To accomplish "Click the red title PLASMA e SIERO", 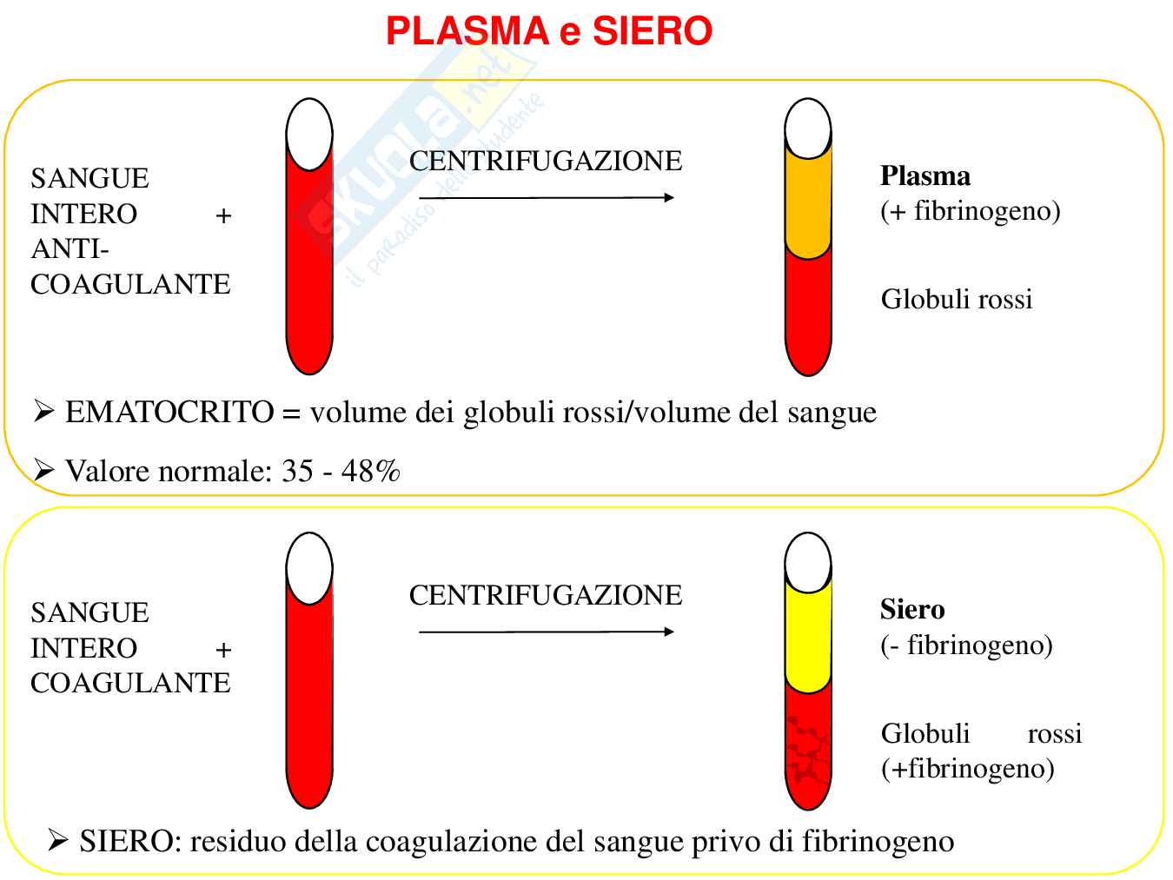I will point(548,31).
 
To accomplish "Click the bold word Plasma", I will point(924,175).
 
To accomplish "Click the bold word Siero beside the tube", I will point(911,609).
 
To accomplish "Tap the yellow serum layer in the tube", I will point(808,638).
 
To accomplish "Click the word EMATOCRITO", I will point(169,412).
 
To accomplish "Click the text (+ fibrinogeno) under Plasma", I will point(970,211).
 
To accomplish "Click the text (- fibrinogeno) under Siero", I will point(966,645).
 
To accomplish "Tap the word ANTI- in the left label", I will point(70,249).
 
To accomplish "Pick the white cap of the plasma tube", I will point(808,129).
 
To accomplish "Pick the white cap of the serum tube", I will point(808,562).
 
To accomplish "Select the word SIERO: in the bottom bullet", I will point(130,841).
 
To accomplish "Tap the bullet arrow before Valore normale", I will point(43,471).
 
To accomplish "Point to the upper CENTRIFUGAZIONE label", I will point(546,161).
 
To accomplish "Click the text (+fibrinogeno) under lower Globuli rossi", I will point(967,768).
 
